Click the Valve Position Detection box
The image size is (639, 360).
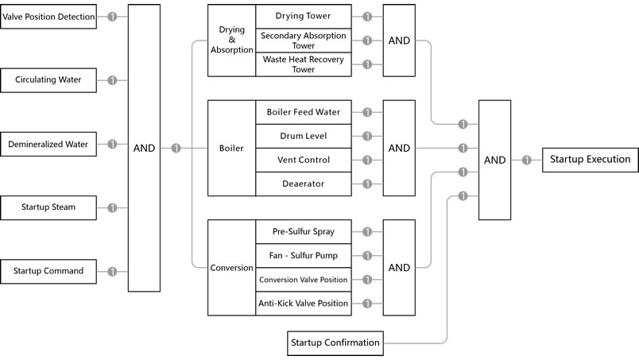49,17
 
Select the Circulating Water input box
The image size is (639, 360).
49,80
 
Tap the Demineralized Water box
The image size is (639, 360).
49,145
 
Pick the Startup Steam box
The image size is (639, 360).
49,207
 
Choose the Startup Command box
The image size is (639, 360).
49,271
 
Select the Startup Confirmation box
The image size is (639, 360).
335,343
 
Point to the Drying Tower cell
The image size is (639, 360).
303,17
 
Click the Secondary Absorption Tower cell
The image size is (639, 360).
303,40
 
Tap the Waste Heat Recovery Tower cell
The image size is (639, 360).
303,64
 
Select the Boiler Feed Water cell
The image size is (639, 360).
303,112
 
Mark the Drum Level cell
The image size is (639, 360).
303,136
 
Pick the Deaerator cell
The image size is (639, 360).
303,184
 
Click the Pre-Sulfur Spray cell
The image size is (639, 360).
303,232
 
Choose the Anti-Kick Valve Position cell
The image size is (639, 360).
303,304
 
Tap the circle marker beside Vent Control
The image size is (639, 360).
366,160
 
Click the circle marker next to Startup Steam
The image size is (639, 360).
112,207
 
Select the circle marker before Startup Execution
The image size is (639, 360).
526,160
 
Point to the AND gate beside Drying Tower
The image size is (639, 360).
399,41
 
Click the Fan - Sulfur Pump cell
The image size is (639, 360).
303,256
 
